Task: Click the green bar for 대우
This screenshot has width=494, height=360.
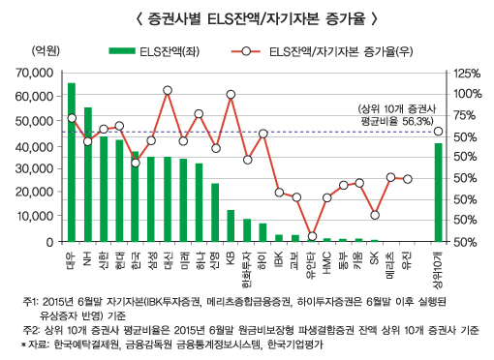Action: [72, 163]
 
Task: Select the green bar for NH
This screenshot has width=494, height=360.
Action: [88, 174]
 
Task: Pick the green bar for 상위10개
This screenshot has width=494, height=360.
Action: [438, 193]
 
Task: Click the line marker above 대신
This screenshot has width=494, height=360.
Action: [168, 90]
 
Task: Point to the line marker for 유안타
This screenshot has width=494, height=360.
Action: [311, 236]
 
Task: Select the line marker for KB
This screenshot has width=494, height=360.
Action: [231, 95]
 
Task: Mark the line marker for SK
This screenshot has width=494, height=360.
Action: [375, 214]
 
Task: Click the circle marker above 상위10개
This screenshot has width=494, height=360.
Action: [438, 132]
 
